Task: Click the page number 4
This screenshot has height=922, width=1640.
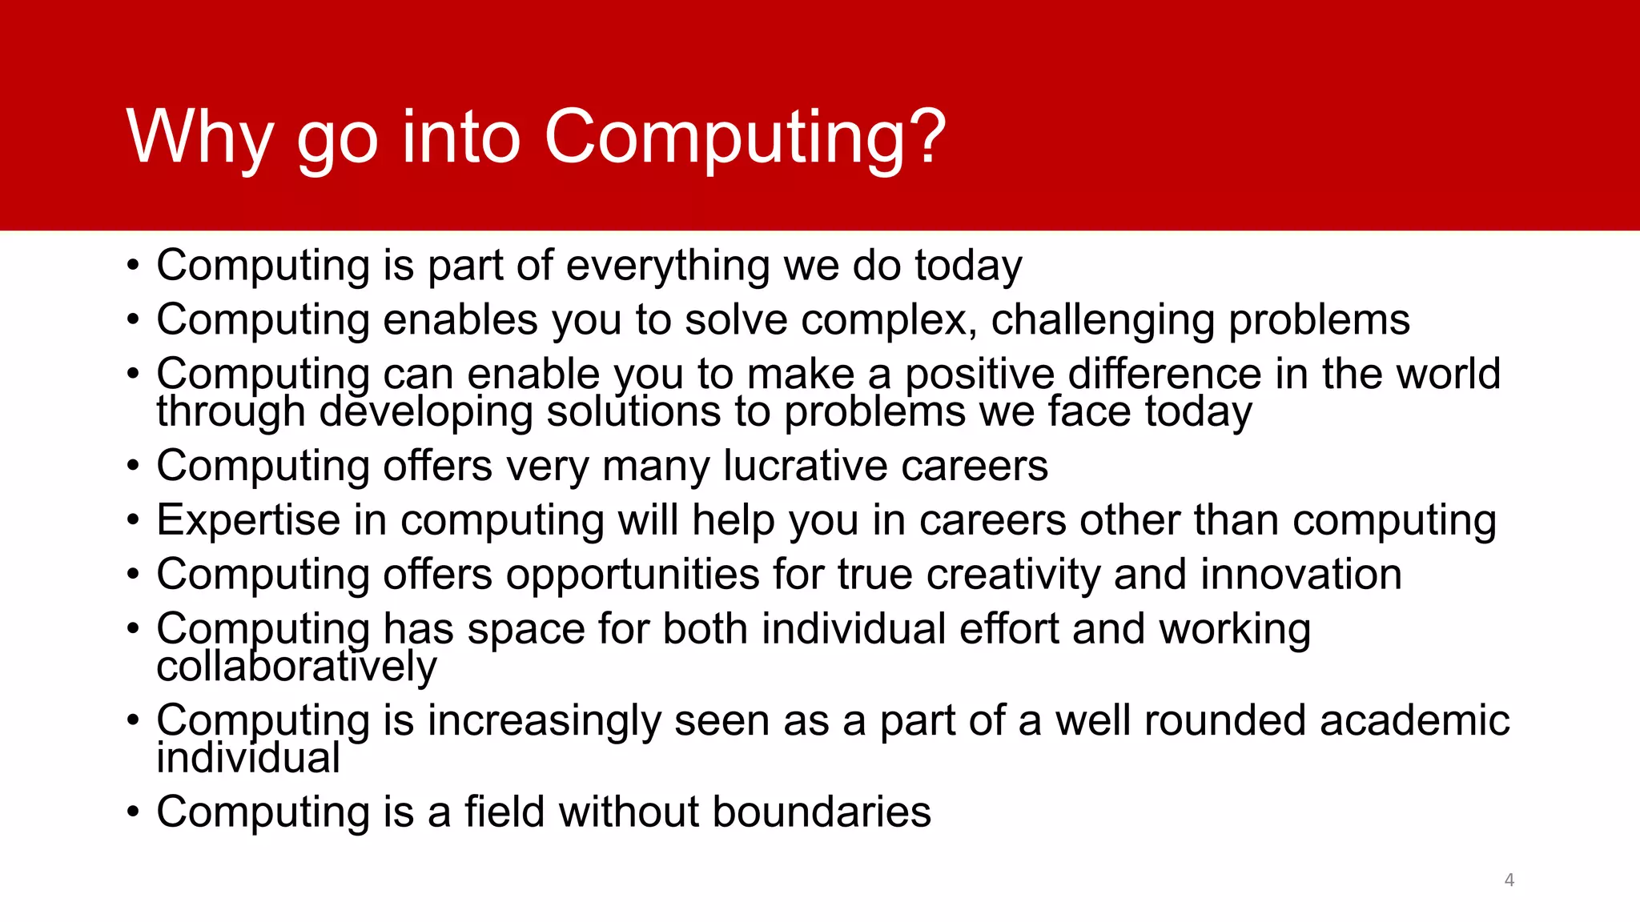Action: click(x=1509, y=880)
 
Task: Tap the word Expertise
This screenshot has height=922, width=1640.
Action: click(x=248, y=520)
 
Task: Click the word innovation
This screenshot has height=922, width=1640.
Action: click(x=1300, y=575)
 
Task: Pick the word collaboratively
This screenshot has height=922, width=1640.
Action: click(x=296, y=667)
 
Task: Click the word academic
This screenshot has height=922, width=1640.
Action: click(x=1414, y=720)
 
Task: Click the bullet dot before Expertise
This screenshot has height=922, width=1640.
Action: click(x=133, y=521)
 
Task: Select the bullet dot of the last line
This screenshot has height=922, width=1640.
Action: click(x=133, y=813)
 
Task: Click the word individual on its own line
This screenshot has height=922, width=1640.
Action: click(x=248, y=758)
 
